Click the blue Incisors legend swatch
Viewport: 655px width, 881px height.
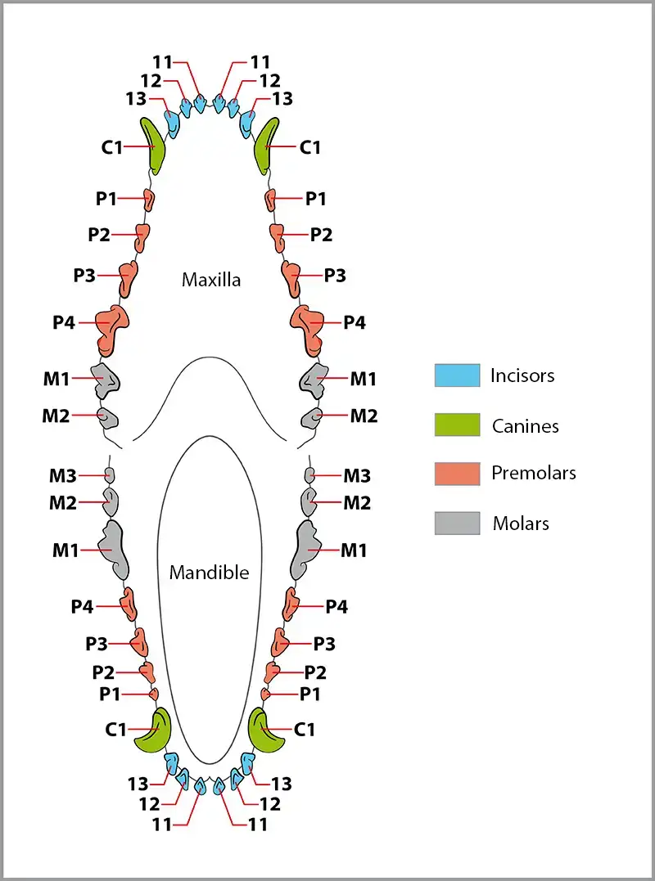click(x=457, y=375)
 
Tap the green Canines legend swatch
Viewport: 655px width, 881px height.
click(x=457, y=425)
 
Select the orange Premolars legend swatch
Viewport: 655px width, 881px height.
click(x=457, y=474)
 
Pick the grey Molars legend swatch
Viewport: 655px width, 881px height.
click(x=457, y=523)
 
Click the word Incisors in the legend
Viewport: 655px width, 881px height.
click(x=522, y=375)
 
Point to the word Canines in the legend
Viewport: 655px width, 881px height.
click(x=525, y=426)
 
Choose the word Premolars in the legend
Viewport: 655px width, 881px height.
click(x=534, y=473)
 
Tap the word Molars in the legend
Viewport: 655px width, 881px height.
click(x=521, y=524)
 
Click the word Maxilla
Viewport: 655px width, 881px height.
click(x=211, y=279)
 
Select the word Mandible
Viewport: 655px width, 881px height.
click(x=209, y=573)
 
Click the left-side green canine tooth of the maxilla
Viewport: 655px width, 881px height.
click(x=152, y=146)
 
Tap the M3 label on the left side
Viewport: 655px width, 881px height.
click(x=62, y=476)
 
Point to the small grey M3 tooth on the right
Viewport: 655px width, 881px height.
click(x=309, y=475)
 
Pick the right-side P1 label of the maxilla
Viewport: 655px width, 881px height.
click(x=315, y=199)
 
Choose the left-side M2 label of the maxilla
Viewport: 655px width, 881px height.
click(x=56, y=416)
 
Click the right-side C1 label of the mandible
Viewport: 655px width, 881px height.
click(x=305, y=730)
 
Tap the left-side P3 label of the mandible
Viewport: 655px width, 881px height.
click(x=96, y=644)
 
